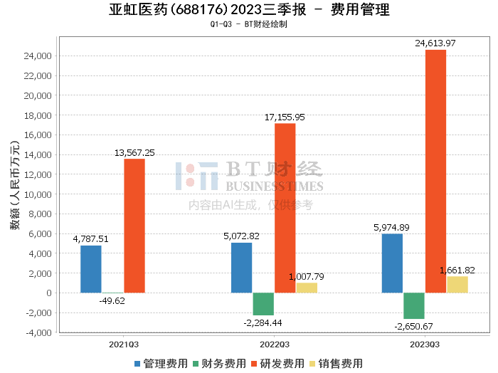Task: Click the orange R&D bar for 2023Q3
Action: click(x=436, y=171)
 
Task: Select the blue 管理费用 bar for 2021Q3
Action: click(x=90, y=269)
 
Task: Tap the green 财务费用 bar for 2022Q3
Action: click(x=263, y=304)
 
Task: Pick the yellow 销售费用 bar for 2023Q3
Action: click(x=457, y=284)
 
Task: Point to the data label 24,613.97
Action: click(x=436, y=43)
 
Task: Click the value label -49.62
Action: click(x=113, y=301)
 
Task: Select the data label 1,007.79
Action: click(x=307, y=277)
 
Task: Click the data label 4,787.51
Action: click(x=90, y=239)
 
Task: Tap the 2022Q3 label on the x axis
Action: click(x=275, y=344)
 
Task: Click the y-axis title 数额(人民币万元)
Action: click(x=14, y=194)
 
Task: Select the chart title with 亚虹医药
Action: click(x=249, y=10)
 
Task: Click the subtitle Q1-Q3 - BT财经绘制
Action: click(x=249, y=24)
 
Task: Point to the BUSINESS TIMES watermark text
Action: click(x=275, y=186)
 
